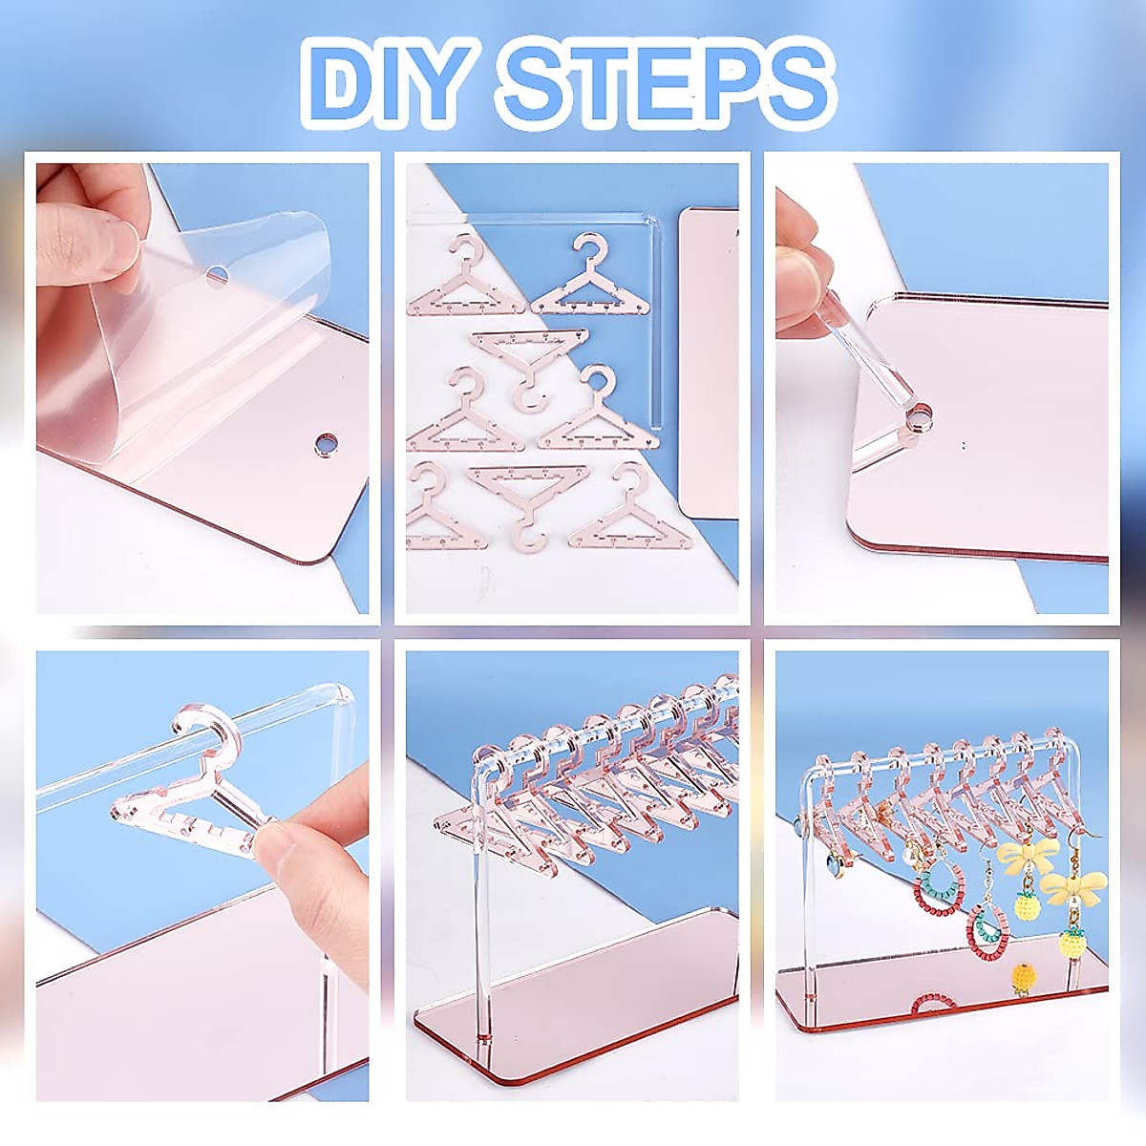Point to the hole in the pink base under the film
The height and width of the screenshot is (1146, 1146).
coord(328,445)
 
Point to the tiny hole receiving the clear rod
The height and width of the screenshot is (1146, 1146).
coord(921,417)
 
